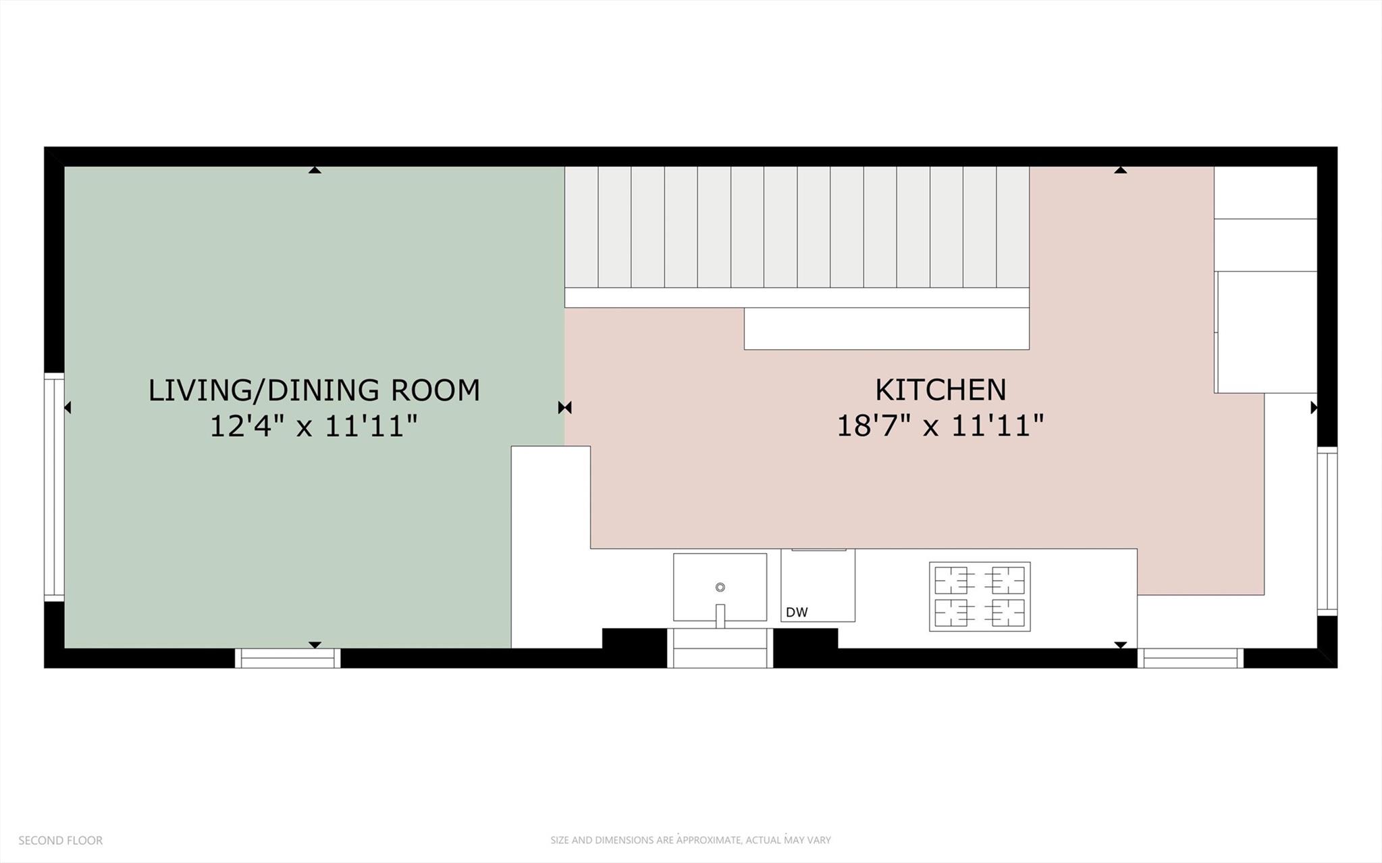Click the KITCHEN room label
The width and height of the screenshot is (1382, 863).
[940, 390]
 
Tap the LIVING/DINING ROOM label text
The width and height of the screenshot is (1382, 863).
[314, 390]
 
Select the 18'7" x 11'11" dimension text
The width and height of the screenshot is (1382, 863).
[940, 426]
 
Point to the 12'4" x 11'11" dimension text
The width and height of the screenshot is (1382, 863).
[314, 426]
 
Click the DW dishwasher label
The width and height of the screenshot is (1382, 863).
[797, 612]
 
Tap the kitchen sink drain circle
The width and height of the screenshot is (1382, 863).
[720, 587]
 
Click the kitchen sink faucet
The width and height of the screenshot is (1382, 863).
[720, 614]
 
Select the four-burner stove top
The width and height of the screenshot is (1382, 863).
[979, 596]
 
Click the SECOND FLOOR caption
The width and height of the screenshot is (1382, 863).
[61, 841]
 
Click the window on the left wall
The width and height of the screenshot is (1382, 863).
[54, 486]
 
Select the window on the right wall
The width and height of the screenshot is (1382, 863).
[1327, 531]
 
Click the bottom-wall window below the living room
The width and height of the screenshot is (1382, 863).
[288, 658]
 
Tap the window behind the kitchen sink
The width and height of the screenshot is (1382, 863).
[720, 648]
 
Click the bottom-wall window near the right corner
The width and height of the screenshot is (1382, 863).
[1190, 658]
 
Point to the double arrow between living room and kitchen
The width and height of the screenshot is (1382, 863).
[564, 407]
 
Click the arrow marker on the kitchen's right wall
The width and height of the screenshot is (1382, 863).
[1313, 407]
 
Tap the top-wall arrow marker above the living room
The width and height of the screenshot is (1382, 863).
[314, 170]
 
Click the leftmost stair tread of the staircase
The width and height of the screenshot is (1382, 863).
[581, 227]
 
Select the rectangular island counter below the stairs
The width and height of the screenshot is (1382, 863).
[886, 329]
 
